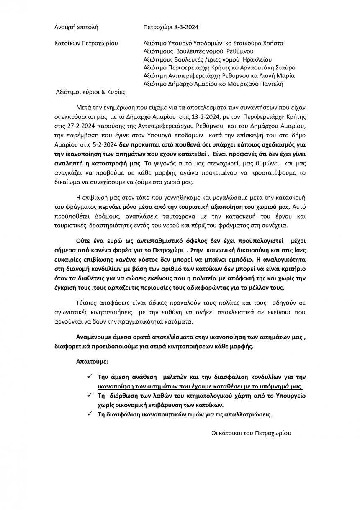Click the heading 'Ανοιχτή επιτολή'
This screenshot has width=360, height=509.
tap(76, 28)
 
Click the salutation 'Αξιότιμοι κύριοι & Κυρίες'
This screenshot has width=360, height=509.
tap(91, 92)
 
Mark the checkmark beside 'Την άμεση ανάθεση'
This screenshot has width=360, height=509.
tap(90, 375)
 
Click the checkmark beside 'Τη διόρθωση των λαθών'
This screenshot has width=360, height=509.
tap(90, 395)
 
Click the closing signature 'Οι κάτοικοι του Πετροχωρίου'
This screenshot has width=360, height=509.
tap(251, 433)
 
